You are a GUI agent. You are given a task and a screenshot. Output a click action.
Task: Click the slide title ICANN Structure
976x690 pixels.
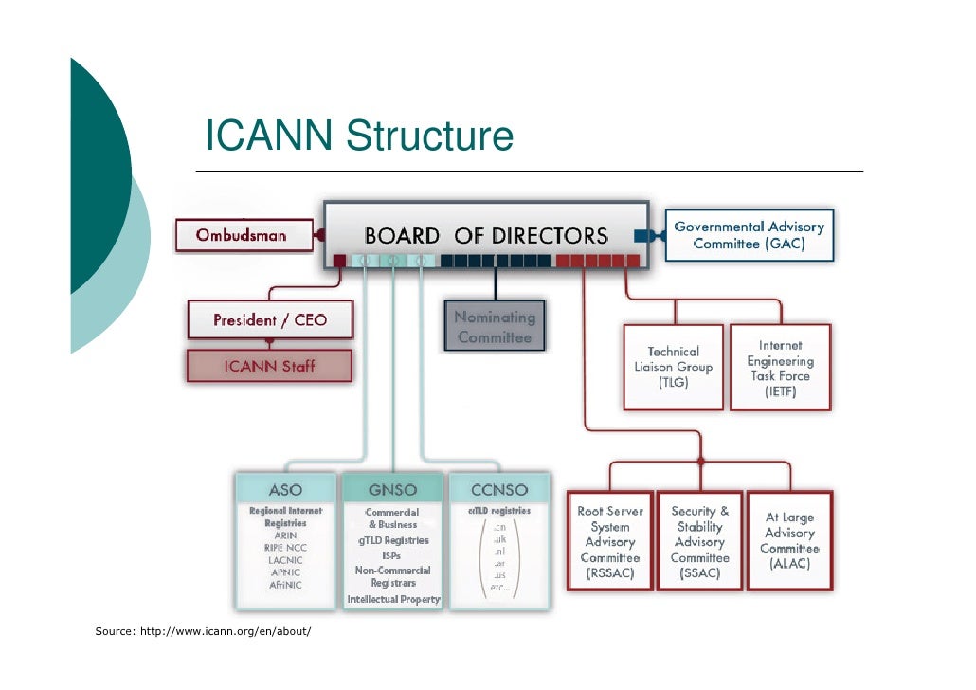click(x=359, y=136)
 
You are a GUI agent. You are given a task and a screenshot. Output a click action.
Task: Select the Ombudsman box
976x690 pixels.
click(x=243, y=235)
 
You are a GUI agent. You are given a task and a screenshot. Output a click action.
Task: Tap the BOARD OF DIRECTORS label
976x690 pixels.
click(x=486, y=235)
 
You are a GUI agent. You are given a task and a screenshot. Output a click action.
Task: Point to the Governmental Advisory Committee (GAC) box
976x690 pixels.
click(x=749, y=235)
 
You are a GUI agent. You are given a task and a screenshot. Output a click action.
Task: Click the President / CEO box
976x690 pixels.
click(x=270, y=320)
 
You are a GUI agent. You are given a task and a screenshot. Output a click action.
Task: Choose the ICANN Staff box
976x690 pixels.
click(x=270, y=366)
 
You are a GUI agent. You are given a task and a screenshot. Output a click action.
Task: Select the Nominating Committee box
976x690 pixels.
click(x=495, y=327)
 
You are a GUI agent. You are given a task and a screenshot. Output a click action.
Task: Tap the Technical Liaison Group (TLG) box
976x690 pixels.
click(x=673, y=367)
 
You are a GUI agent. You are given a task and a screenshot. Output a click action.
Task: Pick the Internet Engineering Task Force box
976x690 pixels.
click(x=780, y=368)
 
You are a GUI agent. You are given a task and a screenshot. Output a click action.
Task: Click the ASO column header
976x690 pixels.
click(x=285, y=490)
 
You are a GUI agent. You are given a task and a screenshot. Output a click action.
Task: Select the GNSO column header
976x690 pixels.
click(x=392, y=490)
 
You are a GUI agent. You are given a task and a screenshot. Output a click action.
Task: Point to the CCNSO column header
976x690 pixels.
click(x=498, y=490)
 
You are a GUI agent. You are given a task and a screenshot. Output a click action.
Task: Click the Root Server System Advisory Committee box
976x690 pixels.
click(x=609, y=542)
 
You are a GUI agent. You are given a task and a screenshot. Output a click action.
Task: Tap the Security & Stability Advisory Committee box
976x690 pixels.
click(x=699, y=542)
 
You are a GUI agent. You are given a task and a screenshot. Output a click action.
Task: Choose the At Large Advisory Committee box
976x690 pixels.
click(x=789, y=541)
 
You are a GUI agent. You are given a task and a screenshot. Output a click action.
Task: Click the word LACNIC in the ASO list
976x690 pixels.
click(x=285, y=560)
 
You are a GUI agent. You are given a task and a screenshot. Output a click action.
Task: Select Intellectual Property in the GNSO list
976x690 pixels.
click(x=393, y=600)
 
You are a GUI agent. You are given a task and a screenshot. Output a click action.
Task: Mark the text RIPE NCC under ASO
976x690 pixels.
click(x=285, y=548)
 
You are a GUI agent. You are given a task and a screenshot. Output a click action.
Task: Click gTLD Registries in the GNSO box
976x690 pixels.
click(x=393, y=540)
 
